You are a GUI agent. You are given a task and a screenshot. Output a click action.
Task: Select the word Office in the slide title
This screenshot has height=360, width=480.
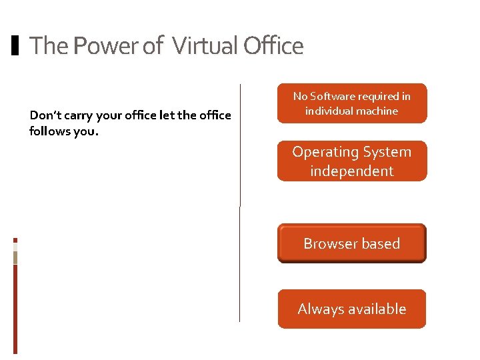click(x=273, y=46)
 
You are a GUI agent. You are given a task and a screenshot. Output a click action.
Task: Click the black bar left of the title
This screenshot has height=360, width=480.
click(x=16, y=46)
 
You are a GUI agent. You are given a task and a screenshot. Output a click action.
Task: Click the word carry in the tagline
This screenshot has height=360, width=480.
click(x=79, y=115)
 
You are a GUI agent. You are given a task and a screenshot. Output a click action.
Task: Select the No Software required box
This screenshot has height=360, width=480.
click(x=352, y=103)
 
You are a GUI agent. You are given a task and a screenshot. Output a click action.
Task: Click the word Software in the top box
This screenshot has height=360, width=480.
click(x=344, y=97)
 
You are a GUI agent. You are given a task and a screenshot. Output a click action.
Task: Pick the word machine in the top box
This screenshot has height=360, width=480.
click(x=378, y=111)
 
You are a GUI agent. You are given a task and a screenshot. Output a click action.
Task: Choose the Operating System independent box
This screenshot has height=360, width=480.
click(x=352, y=161)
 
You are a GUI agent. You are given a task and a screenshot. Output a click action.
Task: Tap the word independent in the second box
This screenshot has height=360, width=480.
click(x=352, y=171)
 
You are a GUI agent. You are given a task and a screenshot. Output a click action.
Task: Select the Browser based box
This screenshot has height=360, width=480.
click(x=352, y=243)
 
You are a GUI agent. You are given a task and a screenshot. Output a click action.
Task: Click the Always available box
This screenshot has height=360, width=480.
click(x=352, y=309)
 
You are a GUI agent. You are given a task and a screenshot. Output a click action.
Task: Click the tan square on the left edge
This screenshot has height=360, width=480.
click(x=15, y=257)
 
